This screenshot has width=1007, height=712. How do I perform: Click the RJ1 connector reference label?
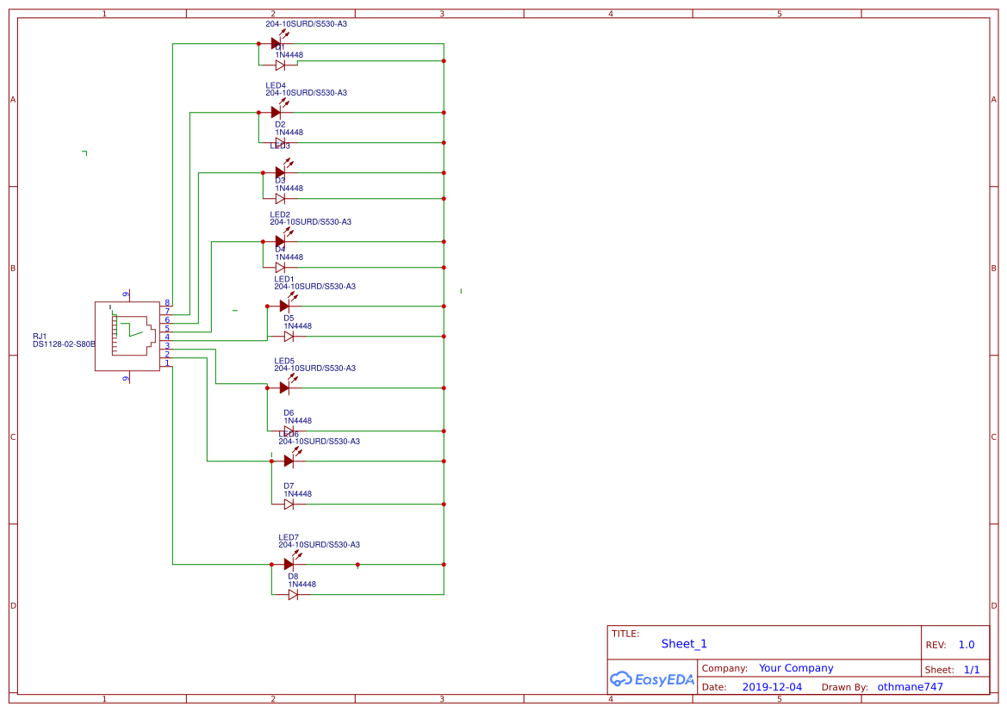(40, 336)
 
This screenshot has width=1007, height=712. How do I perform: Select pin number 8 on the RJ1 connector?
(167, 302)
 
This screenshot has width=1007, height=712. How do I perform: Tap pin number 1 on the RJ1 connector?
(167, 363)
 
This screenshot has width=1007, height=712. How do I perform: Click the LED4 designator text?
(276, 85)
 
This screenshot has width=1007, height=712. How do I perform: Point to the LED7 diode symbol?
(289, 564)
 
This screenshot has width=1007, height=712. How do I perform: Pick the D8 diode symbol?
(293, 594)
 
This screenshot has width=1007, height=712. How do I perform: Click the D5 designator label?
(289, 318)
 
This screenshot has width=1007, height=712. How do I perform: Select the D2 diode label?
(280, 124)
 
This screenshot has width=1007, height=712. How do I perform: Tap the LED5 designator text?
(284, 361)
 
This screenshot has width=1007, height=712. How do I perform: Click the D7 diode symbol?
(289, 504)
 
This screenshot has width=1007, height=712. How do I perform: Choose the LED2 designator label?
(280, 214)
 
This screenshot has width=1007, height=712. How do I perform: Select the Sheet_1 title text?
(684, 643)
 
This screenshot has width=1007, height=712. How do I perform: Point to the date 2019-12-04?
(771, 687)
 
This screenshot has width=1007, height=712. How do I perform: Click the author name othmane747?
(910, 687)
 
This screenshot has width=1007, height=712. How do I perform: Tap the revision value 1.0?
(967, 645)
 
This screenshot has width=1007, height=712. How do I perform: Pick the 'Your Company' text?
(796, 668)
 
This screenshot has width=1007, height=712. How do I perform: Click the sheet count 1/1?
(971, 669)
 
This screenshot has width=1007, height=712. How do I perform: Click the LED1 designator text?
(284, 279)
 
